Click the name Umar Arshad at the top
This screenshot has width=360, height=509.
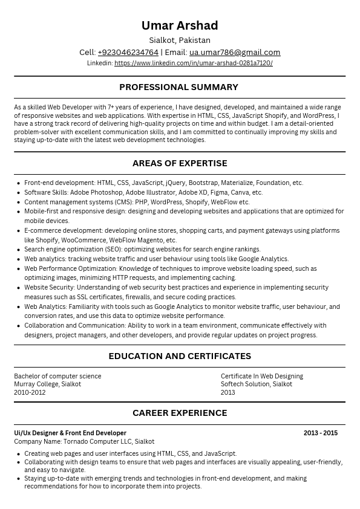point(180,25)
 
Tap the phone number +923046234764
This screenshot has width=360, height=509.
point(128,53)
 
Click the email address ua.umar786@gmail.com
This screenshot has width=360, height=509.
point(235,53)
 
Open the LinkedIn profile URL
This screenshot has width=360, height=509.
point(193,63)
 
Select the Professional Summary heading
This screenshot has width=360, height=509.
point(179,87)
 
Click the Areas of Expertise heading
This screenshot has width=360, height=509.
point(180,163)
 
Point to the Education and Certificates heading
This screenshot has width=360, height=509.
point(180,356)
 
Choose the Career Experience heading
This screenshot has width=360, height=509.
point(180,413)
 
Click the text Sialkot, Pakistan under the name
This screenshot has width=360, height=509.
point(180,41)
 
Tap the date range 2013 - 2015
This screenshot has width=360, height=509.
point(321,433)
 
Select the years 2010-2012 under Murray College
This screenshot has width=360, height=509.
point(30,392)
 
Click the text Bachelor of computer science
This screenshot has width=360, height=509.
point(57,376)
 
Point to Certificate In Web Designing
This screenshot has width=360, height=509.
point(262,376)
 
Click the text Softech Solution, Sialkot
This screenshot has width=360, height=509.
point(257,384)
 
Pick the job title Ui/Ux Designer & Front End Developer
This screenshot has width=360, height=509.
point(70,433)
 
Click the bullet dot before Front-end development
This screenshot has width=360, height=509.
point(18,183)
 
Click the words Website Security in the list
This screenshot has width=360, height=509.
point(49,287)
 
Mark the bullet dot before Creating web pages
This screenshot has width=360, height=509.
point(18,454)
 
